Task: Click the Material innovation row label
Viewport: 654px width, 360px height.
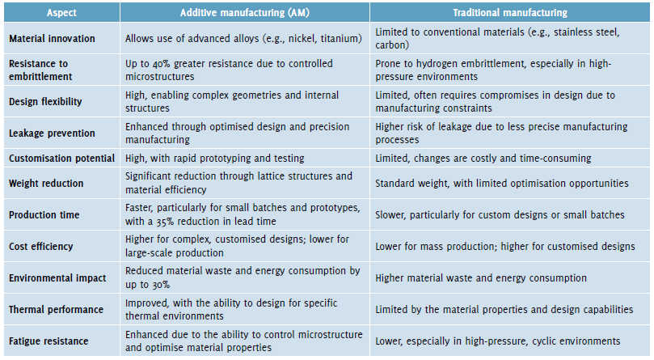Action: click(x=52, y=38)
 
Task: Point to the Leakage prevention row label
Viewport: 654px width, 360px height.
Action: click(x=52, y=133)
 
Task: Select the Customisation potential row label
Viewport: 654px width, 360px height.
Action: click(x=61, y=158)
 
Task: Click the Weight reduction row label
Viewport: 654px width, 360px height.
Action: click(x=46, y=183)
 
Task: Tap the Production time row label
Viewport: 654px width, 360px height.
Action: click(x=44, y=214)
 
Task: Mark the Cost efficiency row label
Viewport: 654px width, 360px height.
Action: click(x=41, y=246)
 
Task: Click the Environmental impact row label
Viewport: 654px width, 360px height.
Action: click(x=57, y=277)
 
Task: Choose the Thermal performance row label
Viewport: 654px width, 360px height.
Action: click(x=56, y=309)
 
